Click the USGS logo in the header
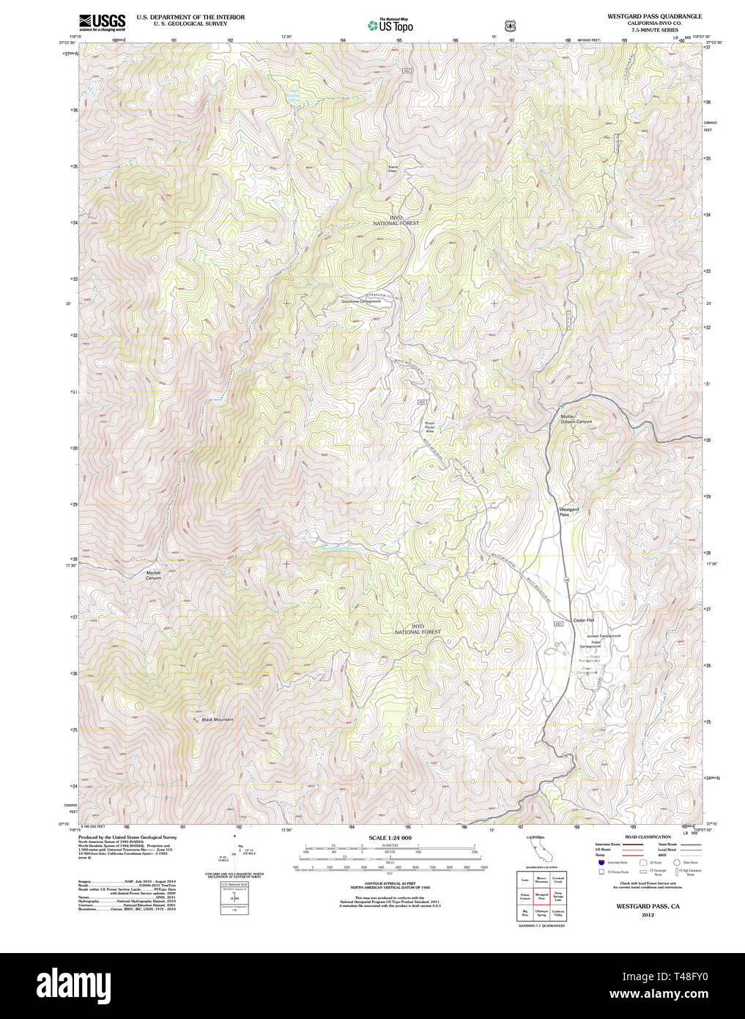[x=102, y=21]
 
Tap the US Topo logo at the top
[x=391, y=26]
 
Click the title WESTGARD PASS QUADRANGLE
[x=654, y=16]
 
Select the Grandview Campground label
[x=361, y=301]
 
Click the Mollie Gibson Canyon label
[x=577, y=419]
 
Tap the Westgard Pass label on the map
[x=569, y=512]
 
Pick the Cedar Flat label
[x=583, y=621]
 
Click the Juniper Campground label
[x=604, y=636]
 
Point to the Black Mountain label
[x=218, y=720]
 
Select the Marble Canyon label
[x=153, y=575]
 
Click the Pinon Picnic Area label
[x=430, y=427]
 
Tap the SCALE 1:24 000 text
[x=390, y=838]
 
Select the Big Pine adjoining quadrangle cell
[x=525, y=913]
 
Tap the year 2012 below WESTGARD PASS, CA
[x=647, y=914]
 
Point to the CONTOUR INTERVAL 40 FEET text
[x=390, y=883]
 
